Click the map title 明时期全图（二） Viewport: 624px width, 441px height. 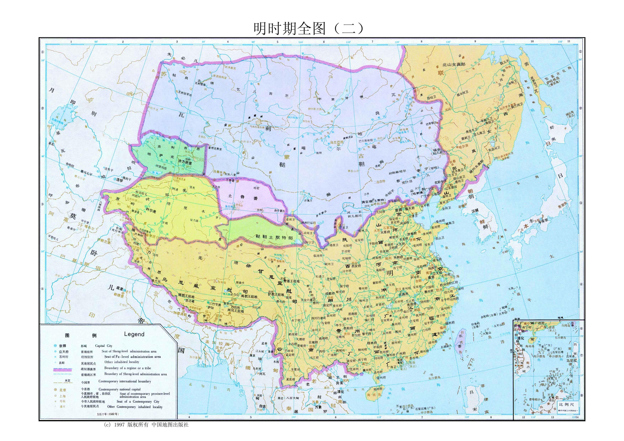tap(308, 28)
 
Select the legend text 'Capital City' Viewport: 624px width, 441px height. tap(104, 346)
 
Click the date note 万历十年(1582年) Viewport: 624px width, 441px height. tap(108, 414)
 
